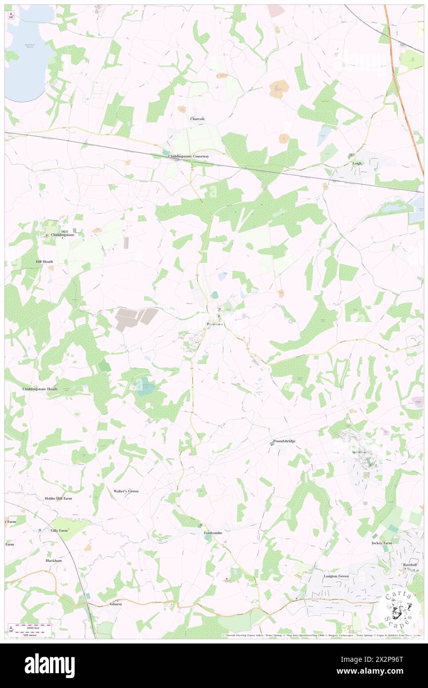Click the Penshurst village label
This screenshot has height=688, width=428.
point(214,324)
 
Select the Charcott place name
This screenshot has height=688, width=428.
point(197,119)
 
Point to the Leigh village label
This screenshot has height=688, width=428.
point(357,163)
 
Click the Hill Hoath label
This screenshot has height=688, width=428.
point(44,261)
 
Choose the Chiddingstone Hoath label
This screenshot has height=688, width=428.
point(40,389)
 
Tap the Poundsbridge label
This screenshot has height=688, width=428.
point(284,441)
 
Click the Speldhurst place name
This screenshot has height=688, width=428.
point(360,452)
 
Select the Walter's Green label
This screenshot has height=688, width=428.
point(126,491)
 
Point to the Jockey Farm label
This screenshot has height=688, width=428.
point(382,543)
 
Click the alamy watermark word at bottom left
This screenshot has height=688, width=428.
point(49,665)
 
